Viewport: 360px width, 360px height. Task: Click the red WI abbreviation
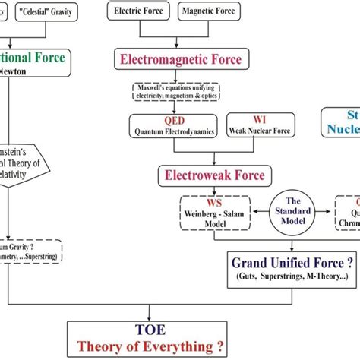(x=254, y=119)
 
